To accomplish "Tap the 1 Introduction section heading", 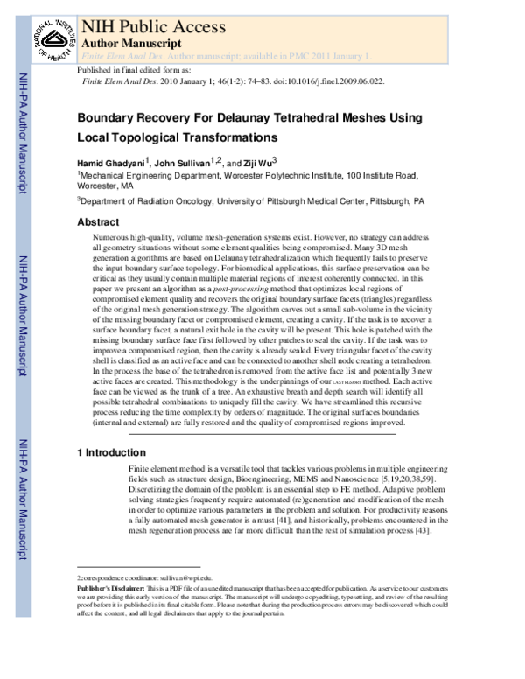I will point(111,452).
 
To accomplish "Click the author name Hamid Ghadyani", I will point(112,163).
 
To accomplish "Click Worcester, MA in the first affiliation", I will point(105,186).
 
